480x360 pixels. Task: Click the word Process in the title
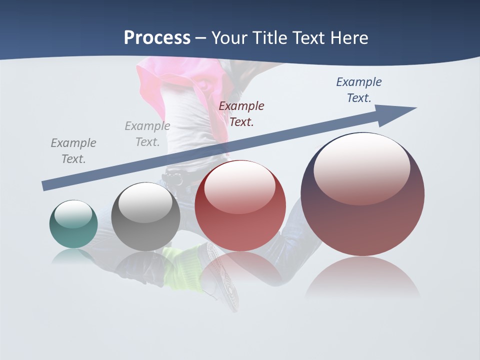[x=157, y=38]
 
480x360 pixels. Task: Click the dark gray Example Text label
[x=73, y=151]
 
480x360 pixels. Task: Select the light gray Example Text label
[x=147, y=134]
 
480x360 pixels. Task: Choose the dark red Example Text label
[x=241, y=114]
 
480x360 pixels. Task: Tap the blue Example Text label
[x=358, y=90]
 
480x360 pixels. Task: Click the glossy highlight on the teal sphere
[x=73, y=214]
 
